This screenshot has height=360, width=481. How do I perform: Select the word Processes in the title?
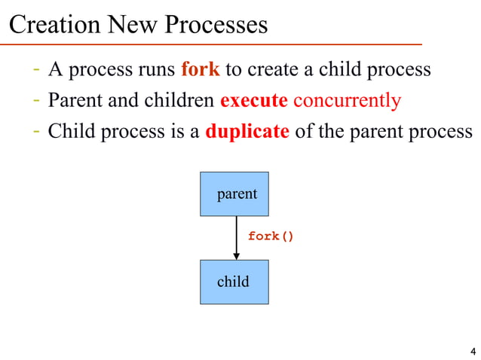(216, 25)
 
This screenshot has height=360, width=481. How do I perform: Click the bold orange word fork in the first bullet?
(200, 70)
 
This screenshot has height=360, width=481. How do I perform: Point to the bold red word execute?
(253, 100)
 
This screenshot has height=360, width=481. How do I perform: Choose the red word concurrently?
(347, 100)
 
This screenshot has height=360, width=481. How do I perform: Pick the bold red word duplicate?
(247, 131)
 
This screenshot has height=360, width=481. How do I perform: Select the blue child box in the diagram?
(234, 282)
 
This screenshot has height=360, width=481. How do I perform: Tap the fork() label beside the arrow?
(271, 236)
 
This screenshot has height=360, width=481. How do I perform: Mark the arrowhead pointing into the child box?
(236, 256)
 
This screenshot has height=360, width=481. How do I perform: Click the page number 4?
(472, 352)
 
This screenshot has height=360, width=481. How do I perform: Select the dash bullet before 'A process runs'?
(36, 70)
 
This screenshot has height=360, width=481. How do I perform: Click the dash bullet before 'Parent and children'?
(36, 100)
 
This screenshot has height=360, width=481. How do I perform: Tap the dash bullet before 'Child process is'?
(36, 131)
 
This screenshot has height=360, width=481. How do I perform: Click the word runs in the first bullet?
(157, 70)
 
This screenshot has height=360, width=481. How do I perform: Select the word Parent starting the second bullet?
(72, 100)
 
